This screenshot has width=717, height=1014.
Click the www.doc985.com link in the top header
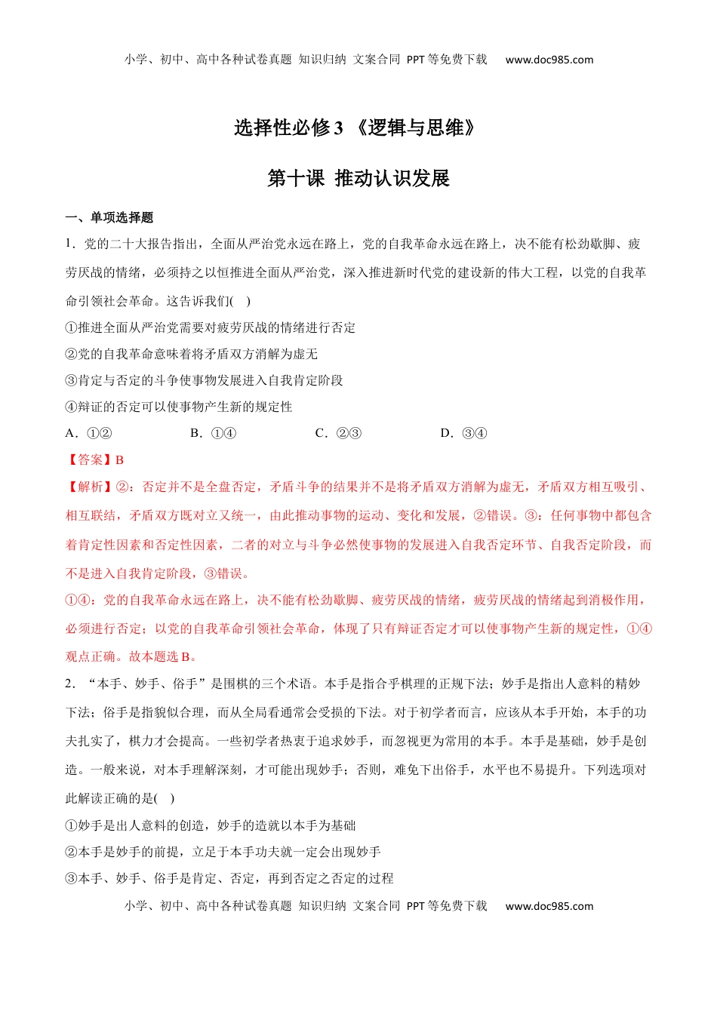549,60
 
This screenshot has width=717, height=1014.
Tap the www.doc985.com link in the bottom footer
549,906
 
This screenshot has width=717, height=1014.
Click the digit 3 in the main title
338,128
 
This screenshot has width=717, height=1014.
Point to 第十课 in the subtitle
296,179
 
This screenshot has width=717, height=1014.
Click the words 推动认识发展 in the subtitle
392,179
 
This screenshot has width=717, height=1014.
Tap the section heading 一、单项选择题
109,217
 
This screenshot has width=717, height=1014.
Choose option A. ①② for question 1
89,433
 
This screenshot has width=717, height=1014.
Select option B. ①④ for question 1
214,433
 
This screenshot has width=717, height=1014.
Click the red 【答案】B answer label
95,459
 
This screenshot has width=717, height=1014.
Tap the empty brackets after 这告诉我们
242,301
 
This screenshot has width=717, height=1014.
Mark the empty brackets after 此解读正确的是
165,798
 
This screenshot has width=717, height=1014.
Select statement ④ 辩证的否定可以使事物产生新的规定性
179,407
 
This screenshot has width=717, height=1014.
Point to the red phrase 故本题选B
162,656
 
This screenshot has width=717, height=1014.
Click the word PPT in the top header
415,60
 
